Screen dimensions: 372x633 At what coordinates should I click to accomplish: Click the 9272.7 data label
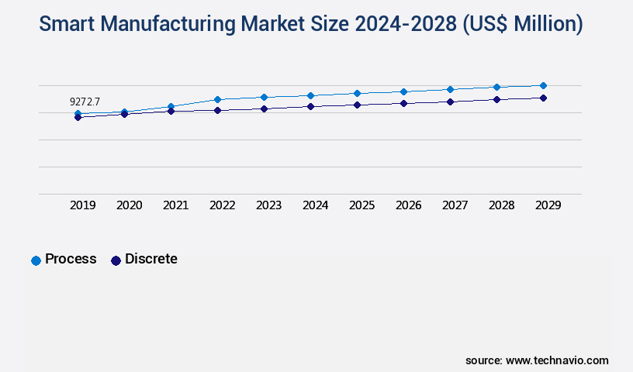tap(85, 102)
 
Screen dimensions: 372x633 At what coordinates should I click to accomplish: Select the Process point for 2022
tap(217, 99)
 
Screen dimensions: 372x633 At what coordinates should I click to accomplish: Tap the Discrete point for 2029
tap(543, 98)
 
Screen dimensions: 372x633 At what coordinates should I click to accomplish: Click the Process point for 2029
tap(543, 85)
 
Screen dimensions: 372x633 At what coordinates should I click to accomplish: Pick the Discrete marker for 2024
tap(310, 106)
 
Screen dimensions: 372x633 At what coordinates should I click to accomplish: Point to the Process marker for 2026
tap(403, 91)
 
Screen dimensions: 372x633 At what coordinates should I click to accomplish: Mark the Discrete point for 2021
tap(171, 111)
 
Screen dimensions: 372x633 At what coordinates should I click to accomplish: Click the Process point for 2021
tap(171, 106)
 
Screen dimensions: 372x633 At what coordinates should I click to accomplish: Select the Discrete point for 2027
tap(450, 102)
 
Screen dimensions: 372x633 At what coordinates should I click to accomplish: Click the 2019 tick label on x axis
tap(83, 205)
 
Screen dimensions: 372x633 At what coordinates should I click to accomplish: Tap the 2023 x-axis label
tap(269, 205)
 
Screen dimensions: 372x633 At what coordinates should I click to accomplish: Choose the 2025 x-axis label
tap(362, 205)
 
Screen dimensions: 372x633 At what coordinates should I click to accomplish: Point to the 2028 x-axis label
tap(502, 205)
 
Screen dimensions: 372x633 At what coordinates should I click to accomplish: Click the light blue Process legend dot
tap(36, 260)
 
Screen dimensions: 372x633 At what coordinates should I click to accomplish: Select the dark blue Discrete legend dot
tap(116, 260)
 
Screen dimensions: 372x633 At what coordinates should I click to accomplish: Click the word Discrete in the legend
tap(151, 259)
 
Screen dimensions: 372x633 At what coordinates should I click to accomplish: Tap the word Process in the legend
tap(71, 259)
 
